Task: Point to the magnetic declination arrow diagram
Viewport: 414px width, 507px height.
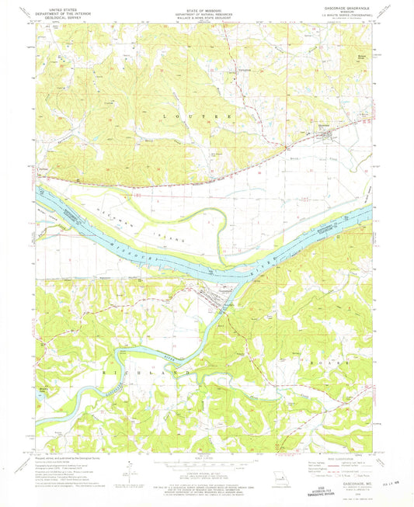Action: click(x=132, y=469)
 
